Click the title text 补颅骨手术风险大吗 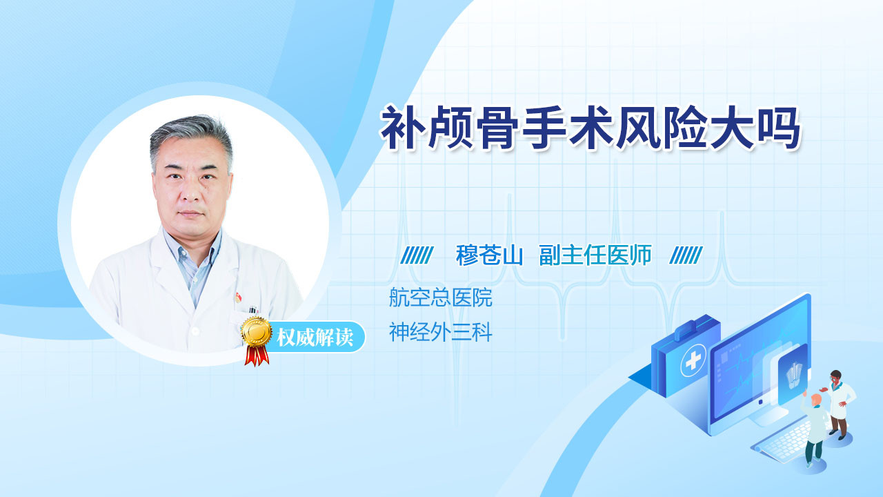(x=590, y=128)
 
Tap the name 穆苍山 (x=489, y=255)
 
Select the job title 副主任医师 (x=595, y=255)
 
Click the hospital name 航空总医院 (x=441, y=298)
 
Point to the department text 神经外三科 (x=441, y=332)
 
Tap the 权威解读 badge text (x=315, y=338)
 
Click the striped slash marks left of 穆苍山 (x=417, y=255)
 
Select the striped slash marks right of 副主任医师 (x=686, y=255)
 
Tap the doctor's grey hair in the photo (x=192, y=139)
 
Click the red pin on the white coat (x=237, y=297)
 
